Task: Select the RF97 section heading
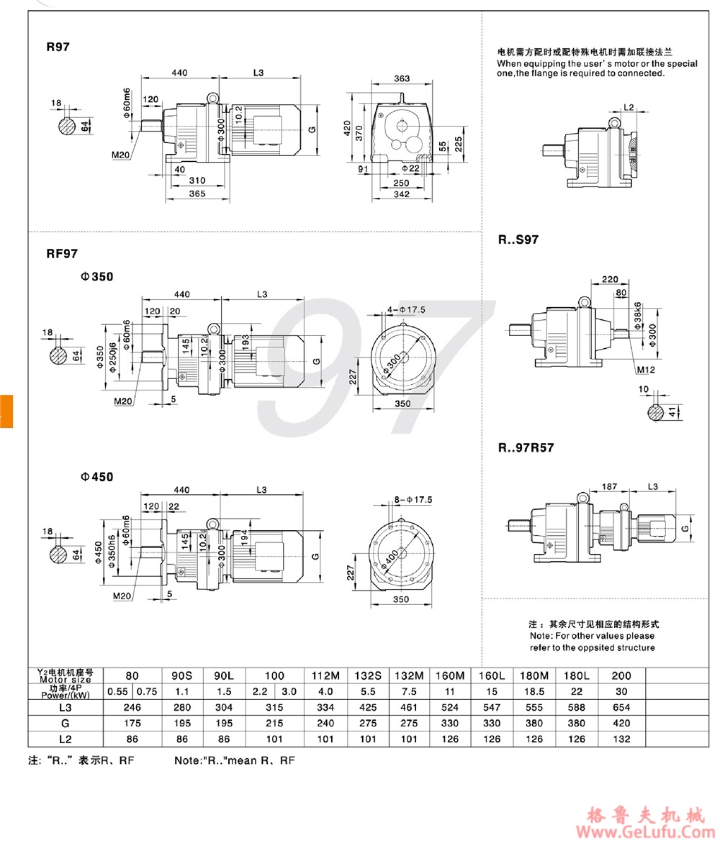pos(62,253)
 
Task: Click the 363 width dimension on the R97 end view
pos(402,78)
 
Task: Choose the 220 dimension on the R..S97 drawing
pos(610,279)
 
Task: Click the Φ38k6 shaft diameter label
pos(639,316)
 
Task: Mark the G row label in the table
pos(66,723)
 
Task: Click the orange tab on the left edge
pos(6,411)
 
